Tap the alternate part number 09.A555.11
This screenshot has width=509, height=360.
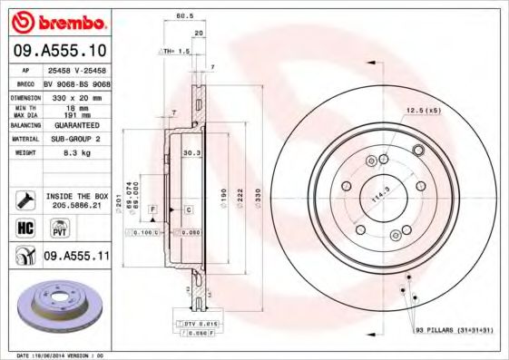click(77, 257)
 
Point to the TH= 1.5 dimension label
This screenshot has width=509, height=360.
click(175, 52)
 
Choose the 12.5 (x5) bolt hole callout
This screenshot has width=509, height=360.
click(423, 111)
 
